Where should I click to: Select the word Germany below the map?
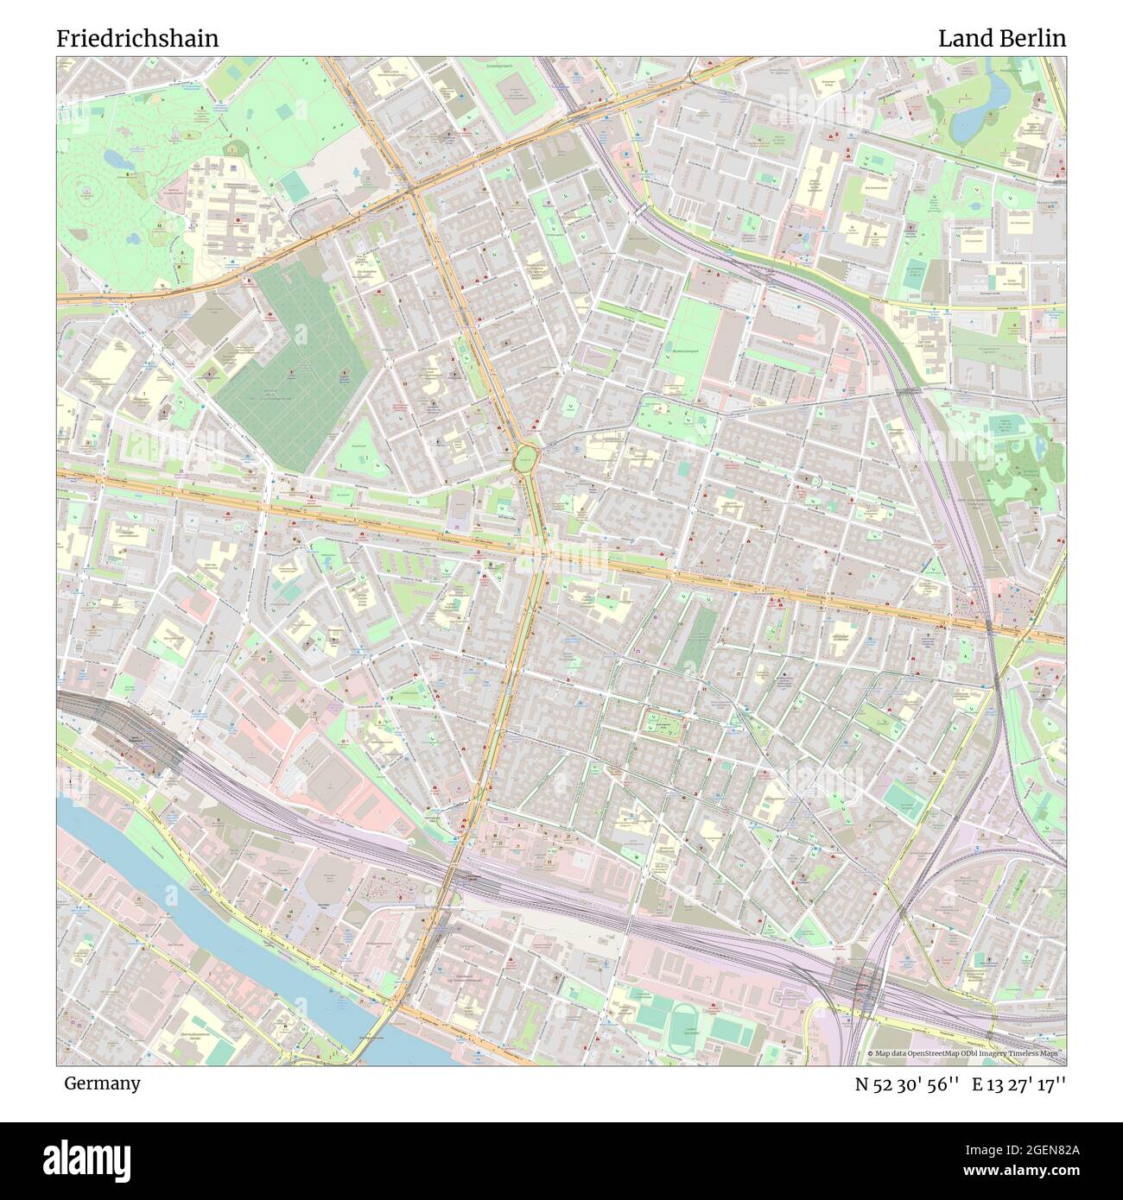pos(102,1083)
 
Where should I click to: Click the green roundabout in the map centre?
pos(525,458)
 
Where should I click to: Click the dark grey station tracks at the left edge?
pos(95,717)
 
